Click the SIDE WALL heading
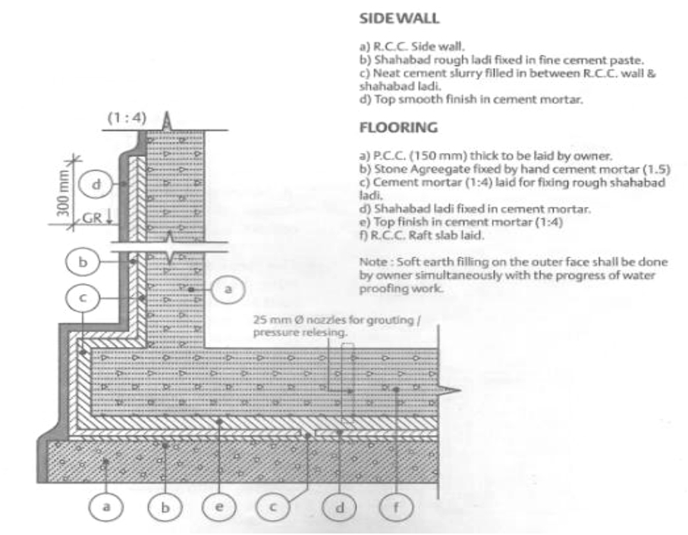coord(399,18)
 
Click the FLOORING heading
coord(398,127)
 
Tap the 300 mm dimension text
coord(63,192)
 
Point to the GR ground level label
coord(92,217)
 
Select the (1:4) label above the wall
coord(127,118)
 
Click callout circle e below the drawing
coord(219,507)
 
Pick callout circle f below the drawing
coord(396,507)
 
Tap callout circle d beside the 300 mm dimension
coord(96,184)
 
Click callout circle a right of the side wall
coord(228,289)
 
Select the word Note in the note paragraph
coord(373,262)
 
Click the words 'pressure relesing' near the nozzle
coord(300,333)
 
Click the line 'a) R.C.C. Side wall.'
coord(412,46)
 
